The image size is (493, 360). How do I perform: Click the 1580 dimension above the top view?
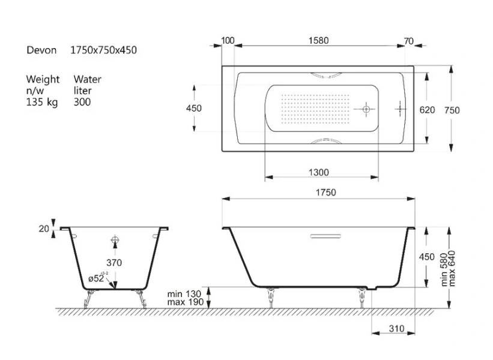click(x=318, y=41)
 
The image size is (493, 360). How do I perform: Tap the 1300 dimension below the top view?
click(x=319, y=172)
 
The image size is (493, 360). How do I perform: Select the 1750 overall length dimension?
click(x=326, y=192)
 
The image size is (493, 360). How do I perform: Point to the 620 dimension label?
click(x=428, y=110)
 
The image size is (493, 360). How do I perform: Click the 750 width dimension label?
click(x=452, y=110)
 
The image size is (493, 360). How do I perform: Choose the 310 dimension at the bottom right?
click(x=396, y=329)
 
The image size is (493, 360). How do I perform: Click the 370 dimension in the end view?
click(x=114, y=263)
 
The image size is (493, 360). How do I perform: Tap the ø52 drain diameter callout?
click(x=98, y=278)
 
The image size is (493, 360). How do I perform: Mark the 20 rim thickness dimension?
click(x=44, y=229)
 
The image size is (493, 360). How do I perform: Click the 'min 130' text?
click(x=184, y=294)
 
